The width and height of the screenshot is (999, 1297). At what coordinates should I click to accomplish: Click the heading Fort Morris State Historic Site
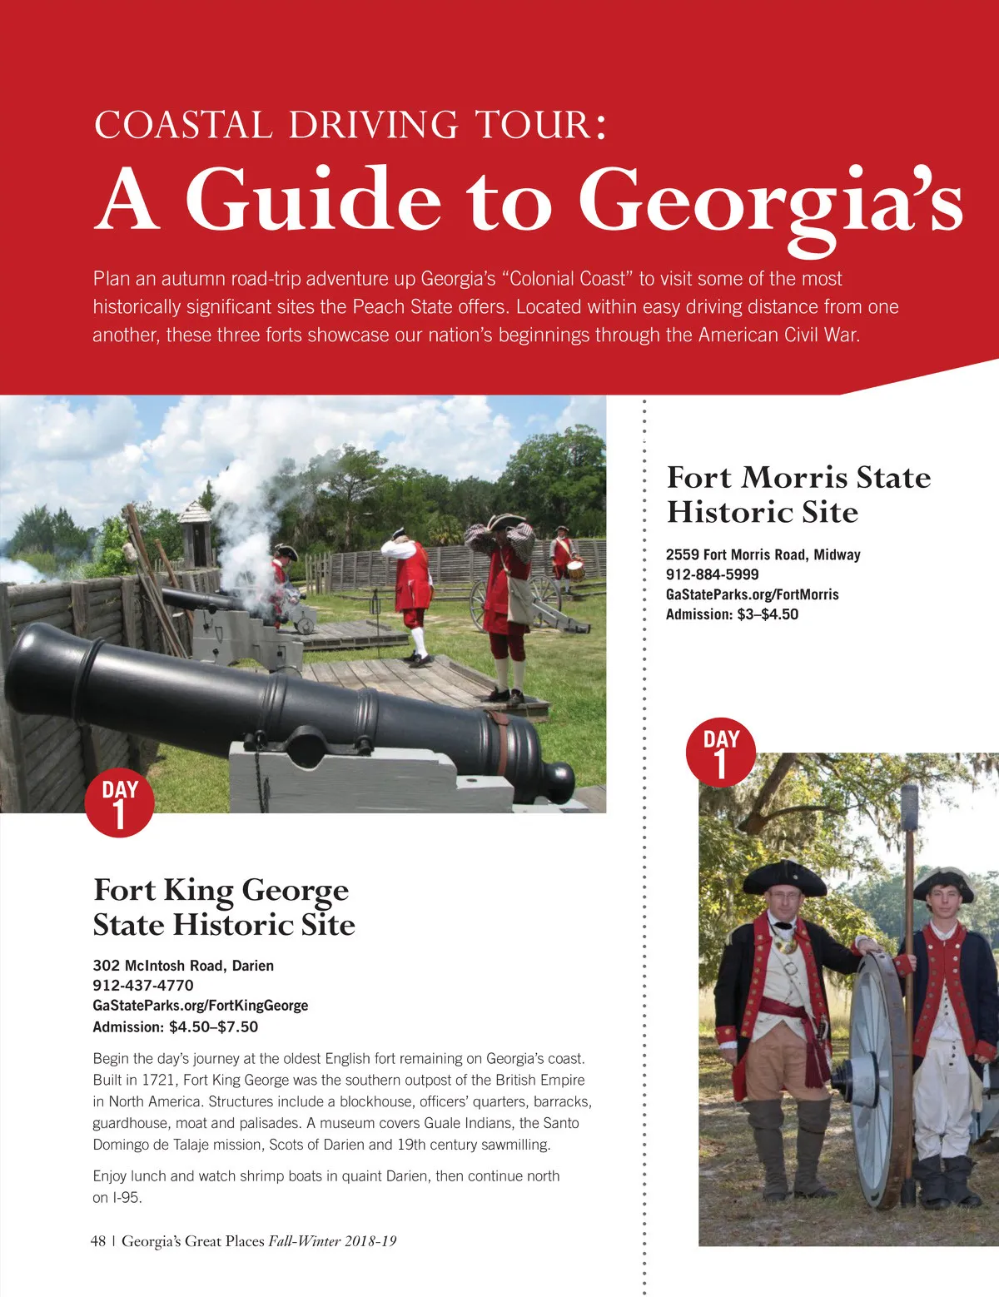coord(798,494)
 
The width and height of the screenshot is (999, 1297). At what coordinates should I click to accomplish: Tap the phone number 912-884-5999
coord(712,574)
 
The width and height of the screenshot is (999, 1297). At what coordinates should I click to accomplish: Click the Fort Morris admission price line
coord(732,614)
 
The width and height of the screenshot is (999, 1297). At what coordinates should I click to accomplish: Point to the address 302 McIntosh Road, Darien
coord(183,966)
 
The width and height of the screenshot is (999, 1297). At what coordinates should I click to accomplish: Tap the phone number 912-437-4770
coord(143,986)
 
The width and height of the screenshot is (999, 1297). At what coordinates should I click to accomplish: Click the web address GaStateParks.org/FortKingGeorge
coord(200,1006)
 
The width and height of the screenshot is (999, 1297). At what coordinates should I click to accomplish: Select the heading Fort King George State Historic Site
coord(223,907)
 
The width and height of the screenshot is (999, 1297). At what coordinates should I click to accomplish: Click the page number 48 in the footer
coord(98,1241)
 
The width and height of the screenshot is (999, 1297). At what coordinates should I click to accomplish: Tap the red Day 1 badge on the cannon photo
coord(119,803)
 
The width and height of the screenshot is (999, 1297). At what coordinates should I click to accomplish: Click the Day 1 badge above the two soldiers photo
coord(720,753)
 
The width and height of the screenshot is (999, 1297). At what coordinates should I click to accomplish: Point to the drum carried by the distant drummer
coord(574,569)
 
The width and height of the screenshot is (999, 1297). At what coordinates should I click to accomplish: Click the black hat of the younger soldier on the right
coord(943,886)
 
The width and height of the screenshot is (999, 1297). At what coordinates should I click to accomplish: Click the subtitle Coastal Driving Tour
coord(350,125)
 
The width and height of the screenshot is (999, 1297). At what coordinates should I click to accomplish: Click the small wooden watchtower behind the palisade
coord(197,533)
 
